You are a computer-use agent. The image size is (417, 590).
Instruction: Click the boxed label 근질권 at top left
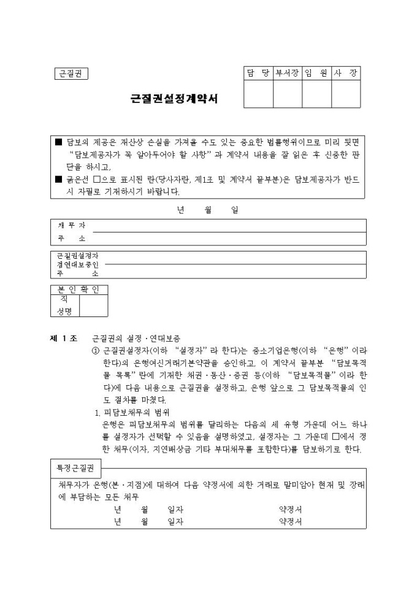point(71,74)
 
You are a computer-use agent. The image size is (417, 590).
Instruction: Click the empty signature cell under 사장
point(346,94)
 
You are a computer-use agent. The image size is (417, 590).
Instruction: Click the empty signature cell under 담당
point(258,94)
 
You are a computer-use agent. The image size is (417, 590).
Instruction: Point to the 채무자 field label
point(71,225)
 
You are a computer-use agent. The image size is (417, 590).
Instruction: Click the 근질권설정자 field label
point(77,255)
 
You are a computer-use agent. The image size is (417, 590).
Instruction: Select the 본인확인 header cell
point(78,289)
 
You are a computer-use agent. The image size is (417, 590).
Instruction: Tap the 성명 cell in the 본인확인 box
point(65,312)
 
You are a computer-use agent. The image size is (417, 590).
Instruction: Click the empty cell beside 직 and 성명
point(93,306)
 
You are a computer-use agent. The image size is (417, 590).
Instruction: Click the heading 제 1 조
point(63,338)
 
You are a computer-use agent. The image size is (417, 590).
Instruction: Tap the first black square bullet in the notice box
point(59,142)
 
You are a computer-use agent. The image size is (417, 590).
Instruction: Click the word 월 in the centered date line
point(207,209)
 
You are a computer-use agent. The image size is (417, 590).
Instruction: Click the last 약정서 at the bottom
point(290,522)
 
